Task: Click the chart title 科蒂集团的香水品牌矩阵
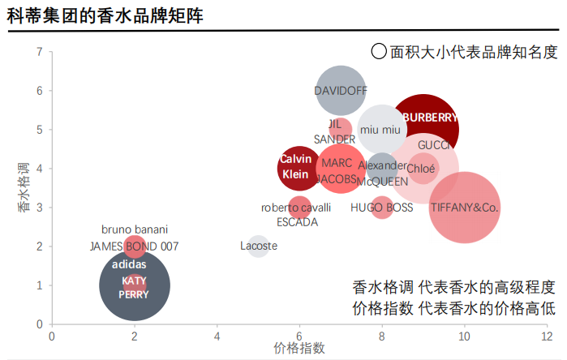click(x=105, y=15)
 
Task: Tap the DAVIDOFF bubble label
click(x=341, y=90)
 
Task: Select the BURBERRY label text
click(x=430, y=117)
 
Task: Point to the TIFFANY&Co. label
click(x=464, y=208)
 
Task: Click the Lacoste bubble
click(x=259, y=246)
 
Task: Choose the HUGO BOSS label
click(x=381, y=208)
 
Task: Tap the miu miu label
click(x=380, y=130)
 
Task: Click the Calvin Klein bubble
click(x=295, y=167)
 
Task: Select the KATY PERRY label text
click(x=134, y=288)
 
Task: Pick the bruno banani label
click(x=134, y=229)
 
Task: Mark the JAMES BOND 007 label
click(x=134, y=246)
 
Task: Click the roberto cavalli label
click(x=296, y=208)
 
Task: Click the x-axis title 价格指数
click(x=299, y=349)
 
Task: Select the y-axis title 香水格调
click(x=24, y=188)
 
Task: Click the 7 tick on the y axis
click(x=39, y=52)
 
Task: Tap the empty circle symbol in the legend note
click(x=379, y=52)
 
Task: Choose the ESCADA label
click(x=297, y=222)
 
